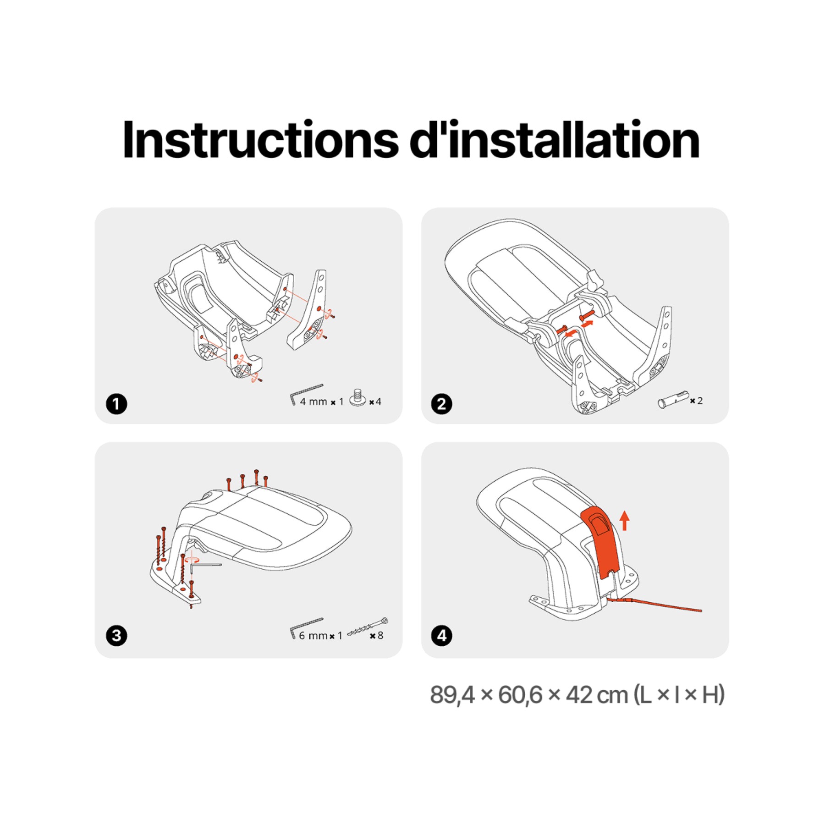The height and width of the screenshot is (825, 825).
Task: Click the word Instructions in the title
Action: pos(260,139)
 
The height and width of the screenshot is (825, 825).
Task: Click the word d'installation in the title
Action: pos(555,139)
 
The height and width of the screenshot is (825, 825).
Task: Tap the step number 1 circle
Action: pos(116,404)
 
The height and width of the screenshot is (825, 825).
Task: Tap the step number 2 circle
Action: pos(441,404)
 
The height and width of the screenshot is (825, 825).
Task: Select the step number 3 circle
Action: pos(116,636)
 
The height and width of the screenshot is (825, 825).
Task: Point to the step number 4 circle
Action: pos(441,636)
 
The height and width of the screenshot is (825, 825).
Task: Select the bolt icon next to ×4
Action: pos(358,397)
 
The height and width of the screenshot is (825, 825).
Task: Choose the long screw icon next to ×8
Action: pos(368,627)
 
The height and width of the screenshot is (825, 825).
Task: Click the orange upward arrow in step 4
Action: pos(624,521)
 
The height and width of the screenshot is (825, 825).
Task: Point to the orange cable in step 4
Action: pos(655,604)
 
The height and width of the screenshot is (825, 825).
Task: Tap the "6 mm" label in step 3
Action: pos(313,636)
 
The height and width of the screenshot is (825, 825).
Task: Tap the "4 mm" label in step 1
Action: pos(313,401)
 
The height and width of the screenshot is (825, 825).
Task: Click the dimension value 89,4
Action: pos(452,695)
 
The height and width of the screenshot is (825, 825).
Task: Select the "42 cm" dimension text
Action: pos(597,695)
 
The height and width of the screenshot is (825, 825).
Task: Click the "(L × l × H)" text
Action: pos(679,695)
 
